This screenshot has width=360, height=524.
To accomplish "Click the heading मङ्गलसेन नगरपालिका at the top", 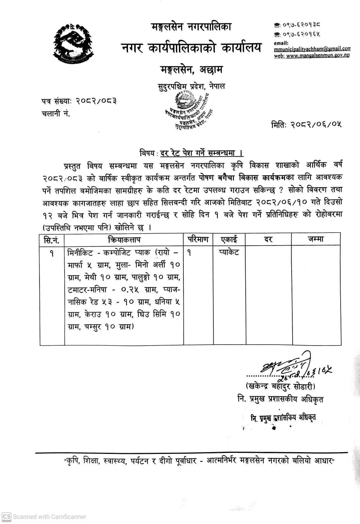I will [x=192, y=27].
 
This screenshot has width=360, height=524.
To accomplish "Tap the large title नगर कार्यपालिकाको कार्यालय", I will [x=192, y=48].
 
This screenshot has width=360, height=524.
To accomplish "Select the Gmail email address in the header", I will [x=312, y=49].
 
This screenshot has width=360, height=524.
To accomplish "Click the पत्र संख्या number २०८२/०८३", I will [x=96, y=101].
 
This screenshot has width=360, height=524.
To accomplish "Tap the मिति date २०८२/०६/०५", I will [x=316, y=125].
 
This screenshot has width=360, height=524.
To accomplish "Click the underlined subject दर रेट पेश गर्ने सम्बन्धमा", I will [x=201, y=153].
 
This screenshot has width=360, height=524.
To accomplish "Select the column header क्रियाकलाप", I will [x=124, y=240].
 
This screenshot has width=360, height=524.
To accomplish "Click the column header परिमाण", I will [x=198, y=239].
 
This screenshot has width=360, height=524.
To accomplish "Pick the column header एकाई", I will [x=229, y=239].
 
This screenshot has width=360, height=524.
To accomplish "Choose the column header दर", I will [x=268, y=240].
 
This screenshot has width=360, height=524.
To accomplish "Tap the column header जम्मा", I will [x=315, y=239].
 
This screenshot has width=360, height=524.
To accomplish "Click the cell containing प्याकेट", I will [x=229, y=252].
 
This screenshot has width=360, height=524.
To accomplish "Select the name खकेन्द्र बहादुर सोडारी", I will [x=281, y=386].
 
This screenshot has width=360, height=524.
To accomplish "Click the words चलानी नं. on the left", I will [x=56, y=114].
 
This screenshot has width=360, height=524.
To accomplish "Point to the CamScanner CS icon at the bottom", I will [x=6, y=516].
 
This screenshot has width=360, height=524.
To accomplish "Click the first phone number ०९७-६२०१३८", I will [x=301, y=25].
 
